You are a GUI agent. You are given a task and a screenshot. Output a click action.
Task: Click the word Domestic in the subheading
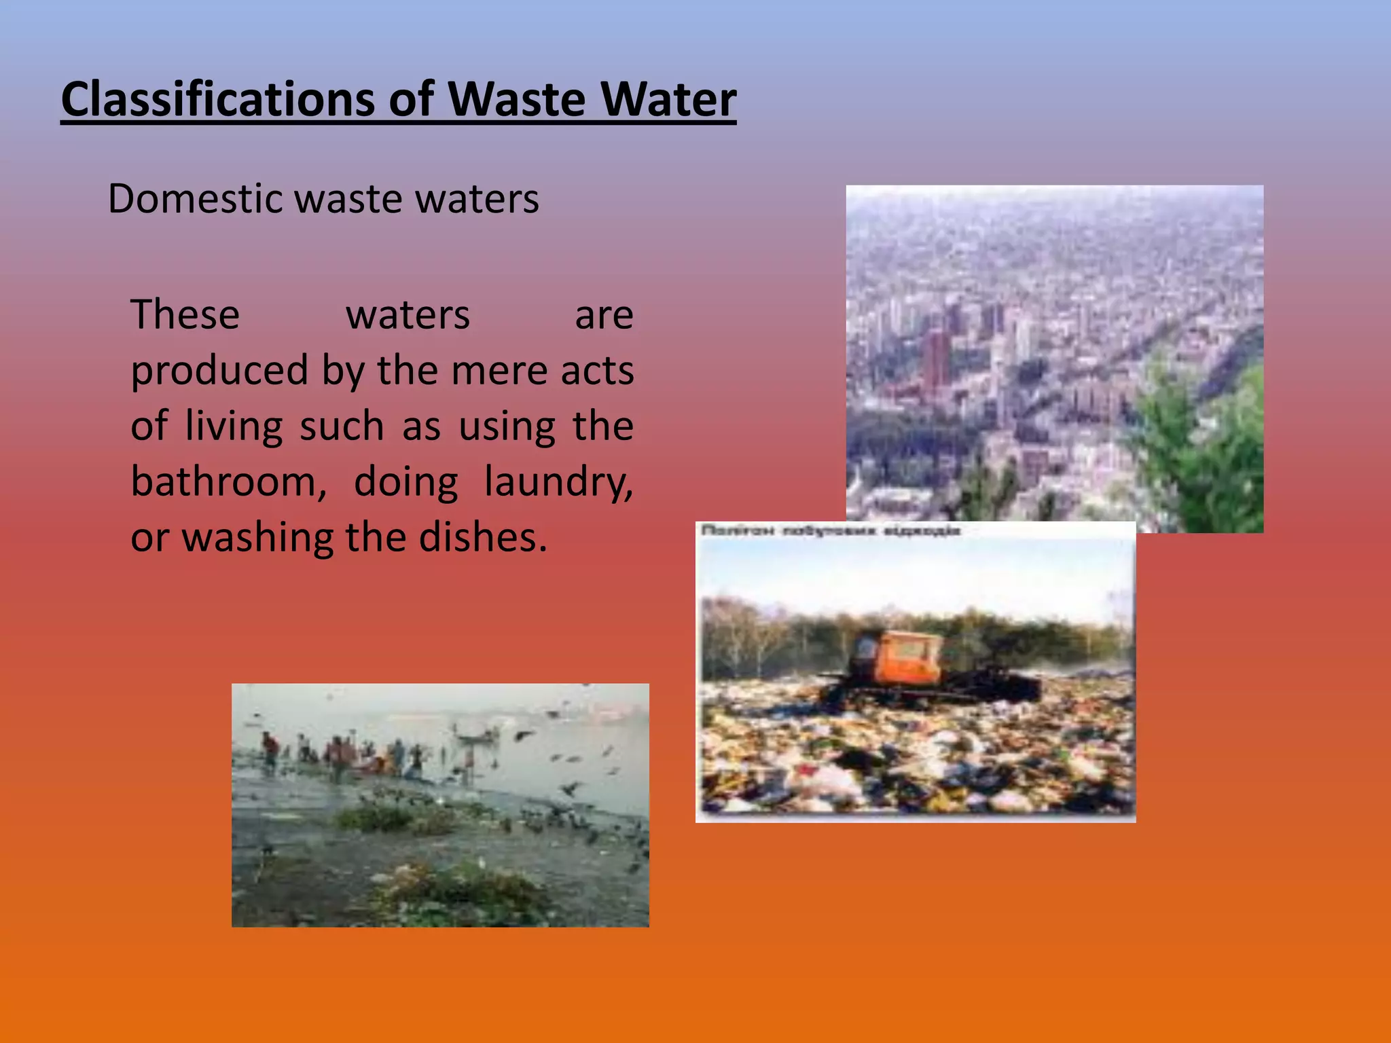195,199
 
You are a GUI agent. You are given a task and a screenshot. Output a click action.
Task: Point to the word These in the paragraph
185,315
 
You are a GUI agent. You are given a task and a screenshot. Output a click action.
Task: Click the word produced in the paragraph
219,371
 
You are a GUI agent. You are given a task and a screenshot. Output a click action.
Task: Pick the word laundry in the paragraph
558,482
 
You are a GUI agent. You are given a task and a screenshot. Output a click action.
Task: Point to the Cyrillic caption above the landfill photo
830,530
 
